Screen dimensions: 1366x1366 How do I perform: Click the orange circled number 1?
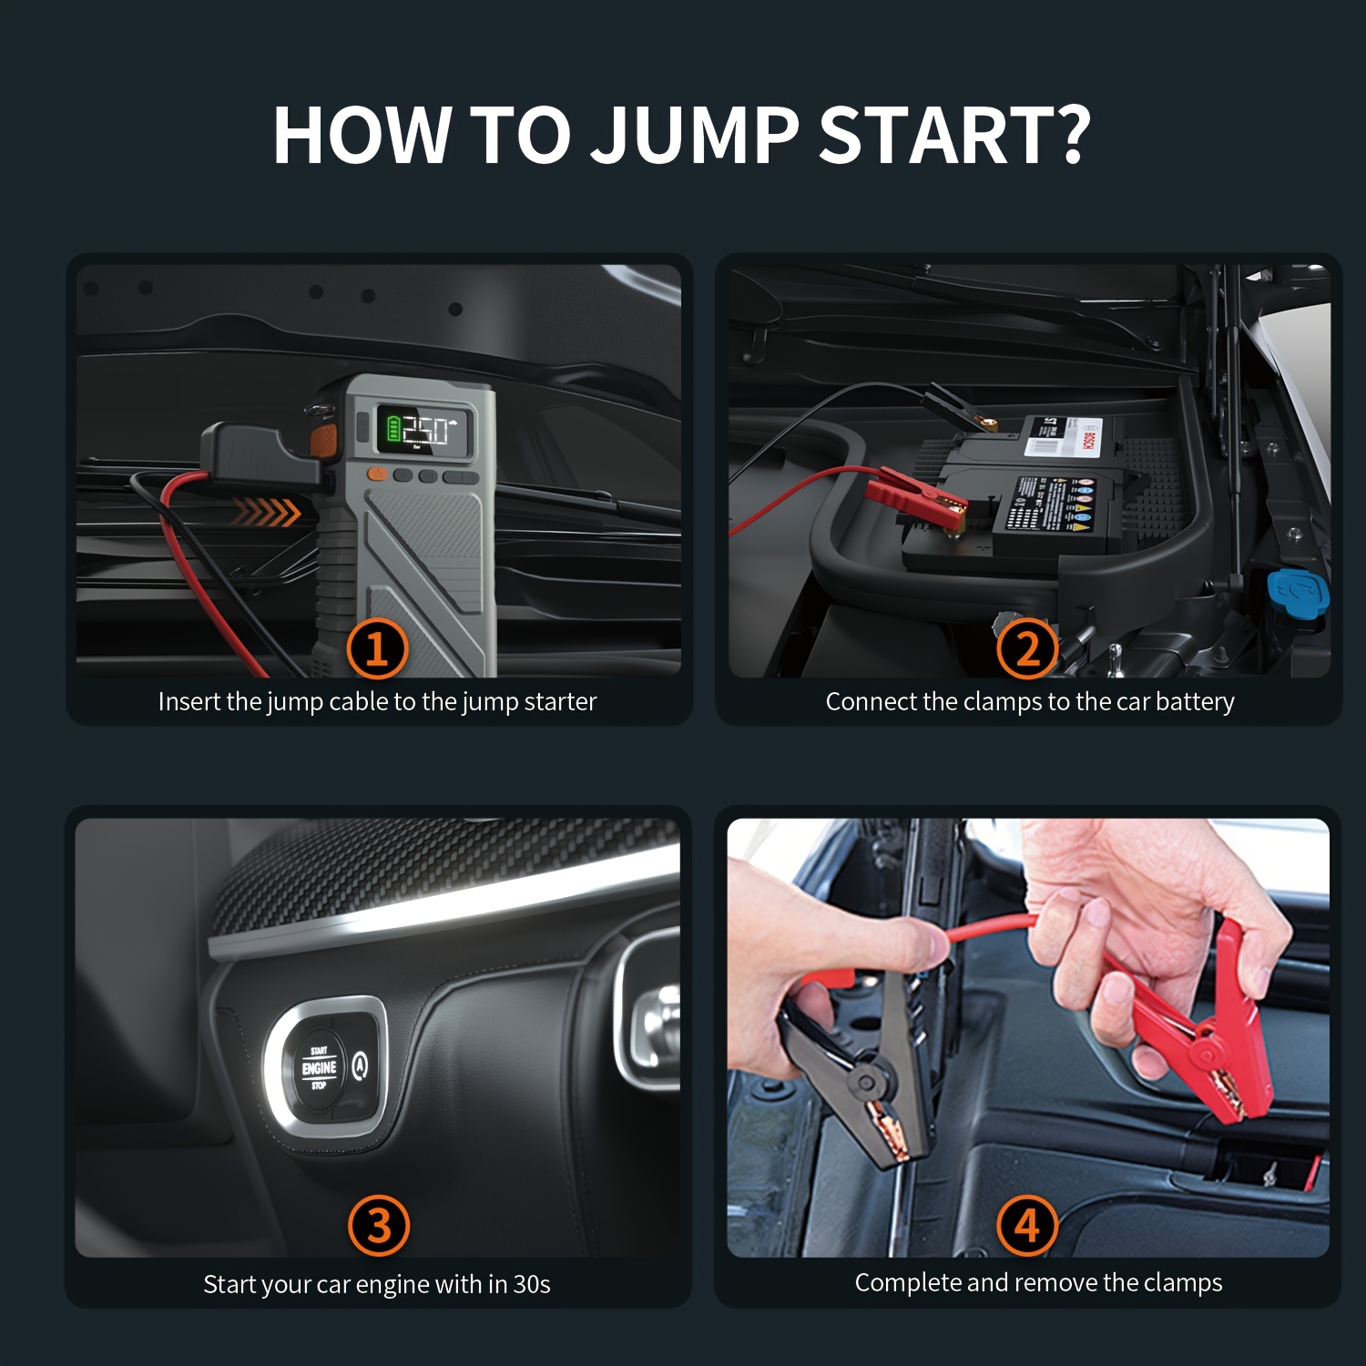pos(376,648)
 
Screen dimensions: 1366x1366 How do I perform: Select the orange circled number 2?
pos(1026,648)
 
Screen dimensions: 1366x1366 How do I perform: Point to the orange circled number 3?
pos(378,1226)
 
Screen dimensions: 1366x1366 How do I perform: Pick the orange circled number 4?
pos(1026,1226)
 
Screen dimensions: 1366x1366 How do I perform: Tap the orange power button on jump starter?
pos(375,474)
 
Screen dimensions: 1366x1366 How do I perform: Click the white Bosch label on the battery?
pos(1064,436)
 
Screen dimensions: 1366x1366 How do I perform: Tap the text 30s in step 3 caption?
pos(532,1285)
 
